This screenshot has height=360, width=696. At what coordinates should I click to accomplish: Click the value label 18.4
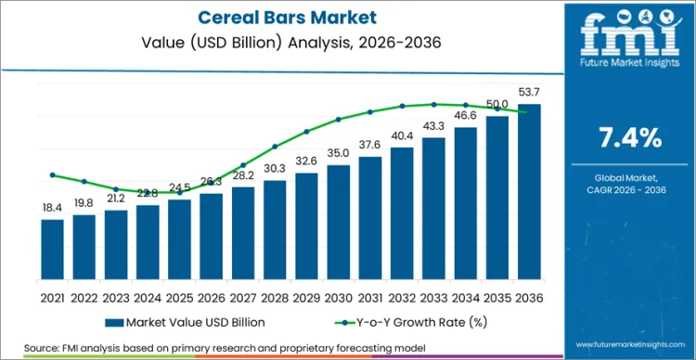(x=53, y=210)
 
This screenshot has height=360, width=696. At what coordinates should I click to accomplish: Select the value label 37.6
(x=370, y=146)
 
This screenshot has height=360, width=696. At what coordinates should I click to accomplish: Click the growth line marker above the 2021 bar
(x=53, y=174)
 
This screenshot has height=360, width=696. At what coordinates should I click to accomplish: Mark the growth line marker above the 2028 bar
(x=275, y=146)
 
